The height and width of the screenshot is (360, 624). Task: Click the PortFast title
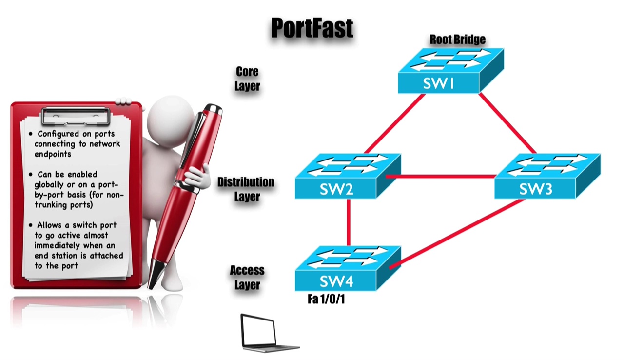point(312,28)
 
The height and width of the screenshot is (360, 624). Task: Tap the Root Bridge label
point(457,40)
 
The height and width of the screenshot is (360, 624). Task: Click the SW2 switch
point(347,176)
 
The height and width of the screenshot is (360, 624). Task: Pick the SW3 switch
point(546,176)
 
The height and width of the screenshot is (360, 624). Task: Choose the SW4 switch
point(347,269)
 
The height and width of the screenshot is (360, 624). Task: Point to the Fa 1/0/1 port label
point(326,299)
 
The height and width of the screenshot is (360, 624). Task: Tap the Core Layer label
point(247,79)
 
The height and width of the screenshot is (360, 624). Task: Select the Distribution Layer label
point(246,189)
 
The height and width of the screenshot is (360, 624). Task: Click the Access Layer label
point(247,277)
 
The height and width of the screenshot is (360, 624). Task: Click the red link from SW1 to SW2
point(394,124)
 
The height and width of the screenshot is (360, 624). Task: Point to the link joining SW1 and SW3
point(507,123)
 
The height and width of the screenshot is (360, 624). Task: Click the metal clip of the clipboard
point(76,116)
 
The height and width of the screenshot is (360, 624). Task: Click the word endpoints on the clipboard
point(53,154)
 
